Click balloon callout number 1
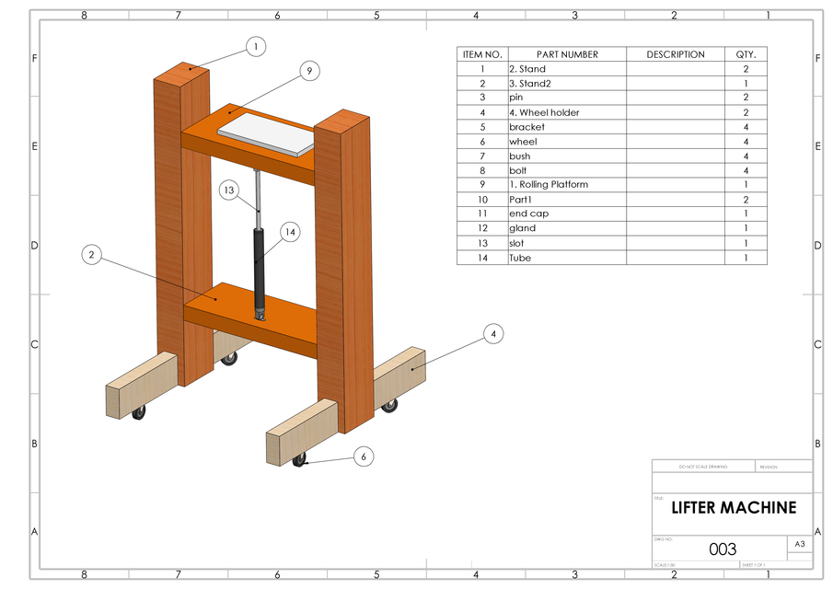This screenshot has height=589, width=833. click(x=256, y=45)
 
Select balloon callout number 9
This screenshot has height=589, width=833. click(x=309, y=70)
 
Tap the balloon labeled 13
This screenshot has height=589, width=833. click(x=229, y=191)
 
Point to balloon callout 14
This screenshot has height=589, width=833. click(x=290, y=232)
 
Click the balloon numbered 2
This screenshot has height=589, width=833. click(x=90, y=255)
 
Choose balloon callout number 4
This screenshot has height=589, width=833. click(x=493, y=334)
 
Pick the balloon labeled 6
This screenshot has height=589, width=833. click(x=364, y=456)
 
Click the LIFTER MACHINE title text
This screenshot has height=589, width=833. click(x=733, y=508)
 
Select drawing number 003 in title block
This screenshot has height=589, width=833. click(x=723, y=549)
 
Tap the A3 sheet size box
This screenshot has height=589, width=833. click(x=799, y=545)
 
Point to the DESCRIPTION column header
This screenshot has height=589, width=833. click(x=675, y=54)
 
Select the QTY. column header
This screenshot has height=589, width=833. click(x=746, y=54)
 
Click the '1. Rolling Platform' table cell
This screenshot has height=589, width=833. click(x=548, y=185)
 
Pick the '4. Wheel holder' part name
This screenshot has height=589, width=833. click(x=544, y=112)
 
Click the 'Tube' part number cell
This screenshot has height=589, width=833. click(x=520, y=258)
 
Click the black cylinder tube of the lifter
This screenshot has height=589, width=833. click(x=259, y=267)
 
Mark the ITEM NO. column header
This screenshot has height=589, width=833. click(x=481, y=54)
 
